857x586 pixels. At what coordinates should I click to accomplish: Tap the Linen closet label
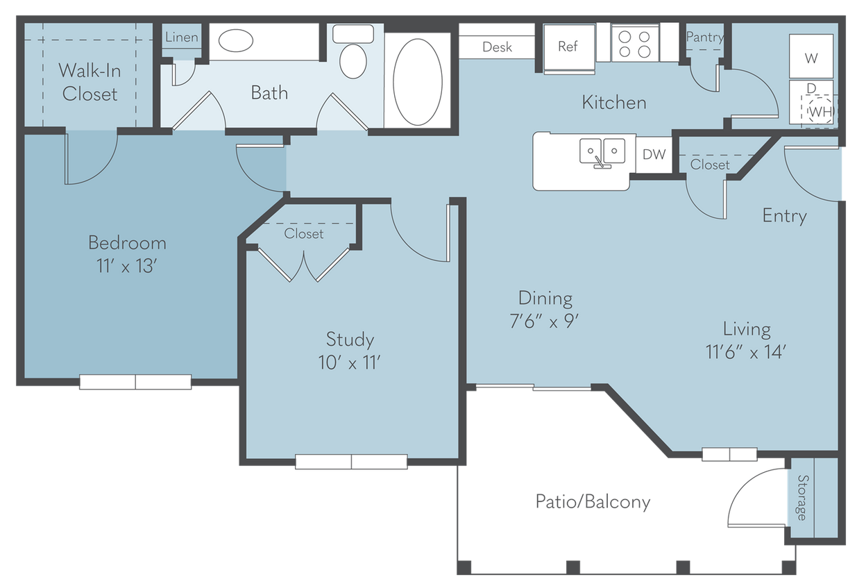point(181,37)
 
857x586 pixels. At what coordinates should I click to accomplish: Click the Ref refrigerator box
point(568,47)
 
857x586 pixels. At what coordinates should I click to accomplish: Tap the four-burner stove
point(635,43)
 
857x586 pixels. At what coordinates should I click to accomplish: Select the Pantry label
point(704,37)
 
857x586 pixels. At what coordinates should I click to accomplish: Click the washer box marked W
point(811,58)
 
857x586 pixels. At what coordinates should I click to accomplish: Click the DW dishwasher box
point(653,155)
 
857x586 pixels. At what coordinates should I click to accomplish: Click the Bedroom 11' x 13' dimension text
point(127,265)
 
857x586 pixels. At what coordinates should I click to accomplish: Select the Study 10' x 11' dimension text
point(350,362)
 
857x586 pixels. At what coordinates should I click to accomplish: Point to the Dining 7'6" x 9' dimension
point(545,321)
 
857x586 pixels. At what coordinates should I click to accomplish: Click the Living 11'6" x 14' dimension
point(746,351)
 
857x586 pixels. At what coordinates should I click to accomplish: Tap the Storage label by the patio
point(802,497)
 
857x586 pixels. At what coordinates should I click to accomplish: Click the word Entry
point(784,216)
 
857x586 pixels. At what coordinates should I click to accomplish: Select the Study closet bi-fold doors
point(303,263)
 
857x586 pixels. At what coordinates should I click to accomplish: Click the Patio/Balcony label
point(593,502)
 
